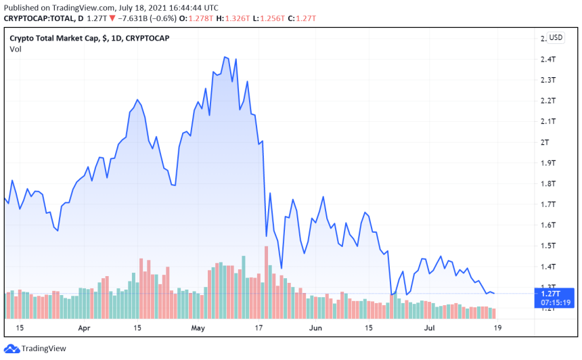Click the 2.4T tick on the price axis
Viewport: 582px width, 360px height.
point(548,60)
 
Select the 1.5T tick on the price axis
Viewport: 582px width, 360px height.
point(548,246)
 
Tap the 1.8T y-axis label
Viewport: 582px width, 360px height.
point(548,183)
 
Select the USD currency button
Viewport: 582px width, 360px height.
point(556,37)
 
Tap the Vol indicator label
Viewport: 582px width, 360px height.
point(15,49)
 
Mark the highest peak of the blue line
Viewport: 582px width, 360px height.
point(225,57)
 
